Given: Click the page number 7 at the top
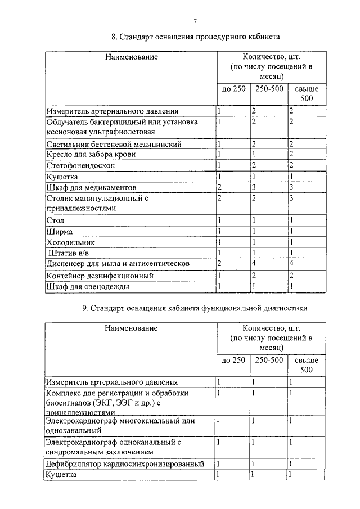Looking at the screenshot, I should [195, 21].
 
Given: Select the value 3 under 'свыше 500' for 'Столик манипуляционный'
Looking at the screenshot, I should [291, 198].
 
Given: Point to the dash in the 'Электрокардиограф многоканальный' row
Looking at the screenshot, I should [219, 420].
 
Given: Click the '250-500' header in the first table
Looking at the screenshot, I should [268, 89].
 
